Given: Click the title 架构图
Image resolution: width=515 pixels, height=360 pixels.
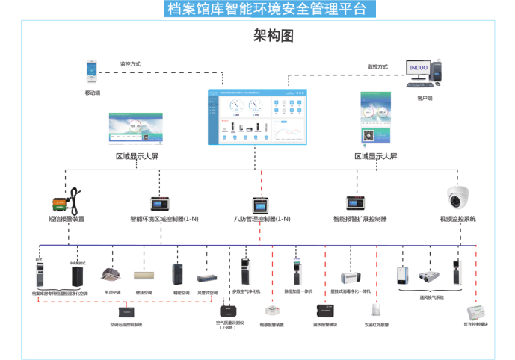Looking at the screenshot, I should coord(273,36).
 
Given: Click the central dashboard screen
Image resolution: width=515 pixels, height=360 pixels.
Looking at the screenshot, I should coord(257,117).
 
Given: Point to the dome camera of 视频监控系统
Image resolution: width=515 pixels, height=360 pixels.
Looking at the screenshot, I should coord(457,197).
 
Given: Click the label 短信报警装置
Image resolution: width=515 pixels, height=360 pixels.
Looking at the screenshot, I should coord(66,220).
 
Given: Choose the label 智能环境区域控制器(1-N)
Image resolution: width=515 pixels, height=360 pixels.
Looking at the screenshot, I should coord(164,220).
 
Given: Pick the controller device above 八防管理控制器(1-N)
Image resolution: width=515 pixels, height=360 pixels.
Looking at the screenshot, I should coord(260,204).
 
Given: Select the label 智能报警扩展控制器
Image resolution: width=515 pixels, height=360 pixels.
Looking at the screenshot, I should coord(360,220).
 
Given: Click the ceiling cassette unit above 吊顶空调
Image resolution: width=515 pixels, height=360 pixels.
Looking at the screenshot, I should coord(112,275).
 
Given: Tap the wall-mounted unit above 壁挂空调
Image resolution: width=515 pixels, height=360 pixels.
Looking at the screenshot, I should coord(144,276).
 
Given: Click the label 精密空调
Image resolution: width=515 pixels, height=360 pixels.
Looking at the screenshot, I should coord(181,293).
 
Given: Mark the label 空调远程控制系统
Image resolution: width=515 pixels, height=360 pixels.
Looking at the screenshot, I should coord(126,325).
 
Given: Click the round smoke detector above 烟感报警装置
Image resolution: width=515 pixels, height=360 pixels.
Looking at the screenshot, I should coord(271,310).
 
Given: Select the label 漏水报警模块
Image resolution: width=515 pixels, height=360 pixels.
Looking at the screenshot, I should coord(324,325).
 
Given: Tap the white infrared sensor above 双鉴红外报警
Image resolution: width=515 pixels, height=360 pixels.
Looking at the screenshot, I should coord(377,309).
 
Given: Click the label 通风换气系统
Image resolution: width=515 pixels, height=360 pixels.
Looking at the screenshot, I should coord(431,297).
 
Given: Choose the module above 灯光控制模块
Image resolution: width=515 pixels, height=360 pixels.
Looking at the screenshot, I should coord(475,311).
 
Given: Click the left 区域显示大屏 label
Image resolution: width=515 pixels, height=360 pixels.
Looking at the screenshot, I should coord(137,156).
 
